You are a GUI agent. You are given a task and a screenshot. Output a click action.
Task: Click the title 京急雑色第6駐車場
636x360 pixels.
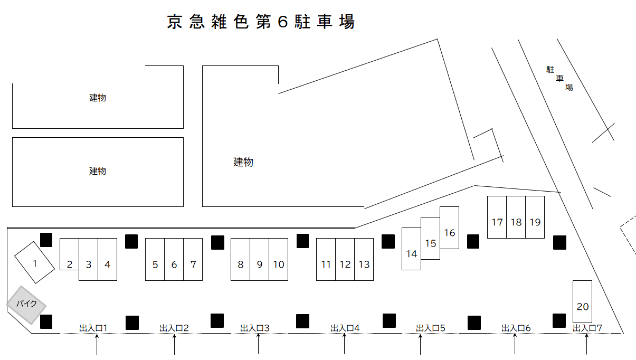point(261,22)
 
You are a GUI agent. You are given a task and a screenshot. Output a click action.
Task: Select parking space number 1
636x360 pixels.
point(34,262)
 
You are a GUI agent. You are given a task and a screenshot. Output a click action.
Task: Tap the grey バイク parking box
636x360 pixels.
point(26,305)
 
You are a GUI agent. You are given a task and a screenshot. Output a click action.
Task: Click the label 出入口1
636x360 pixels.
point(93,328)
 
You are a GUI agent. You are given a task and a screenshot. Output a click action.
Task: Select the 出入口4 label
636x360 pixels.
point(345,328)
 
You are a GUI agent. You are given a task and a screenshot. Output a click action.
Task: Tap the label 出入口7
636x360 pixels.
point(587,328)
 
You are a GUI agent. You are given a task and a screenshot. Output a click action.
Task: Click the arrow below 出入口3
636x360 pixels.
point(258,345)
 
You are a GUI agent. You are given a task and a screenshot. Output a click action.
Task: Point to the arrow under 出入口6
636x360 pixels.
point(515,345)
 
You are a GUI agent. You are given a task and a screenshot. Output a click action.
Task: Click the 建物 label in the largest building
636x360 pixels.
point(243,162)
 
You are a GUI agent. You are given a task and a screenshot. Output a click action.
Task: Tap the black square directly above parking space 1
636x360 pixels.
point(46,240)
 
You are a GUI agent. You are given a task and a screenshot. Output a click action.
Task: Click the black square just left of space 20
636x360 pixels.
point(559,320)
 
